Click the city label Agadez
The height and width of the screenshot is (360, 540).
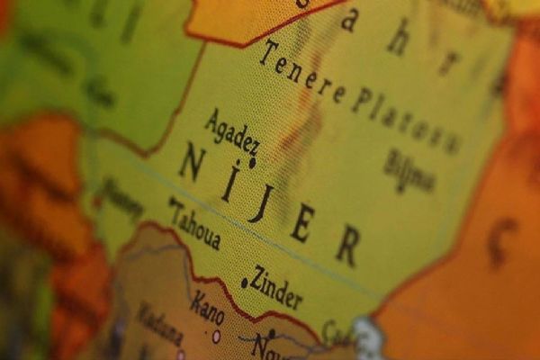click(x=232, y=131)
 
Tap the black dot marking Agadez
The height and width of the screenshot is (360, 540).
click(x=252, y=163)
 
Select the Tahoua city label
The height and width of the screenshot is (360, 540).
click(x=197, y=227)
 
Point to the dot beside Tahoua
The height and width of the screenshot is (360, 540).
click(x=171, y=202)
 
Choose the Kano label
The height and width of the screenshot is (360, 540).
click(x=207, y=308)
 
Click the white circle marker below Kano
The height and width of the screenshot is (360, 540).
click(x=216, y=337)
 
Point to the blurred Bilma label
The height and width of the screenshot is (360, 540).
click(x=409, y=170)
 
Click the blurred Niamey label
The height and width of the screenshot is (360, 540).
click(x=121, y=198)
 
